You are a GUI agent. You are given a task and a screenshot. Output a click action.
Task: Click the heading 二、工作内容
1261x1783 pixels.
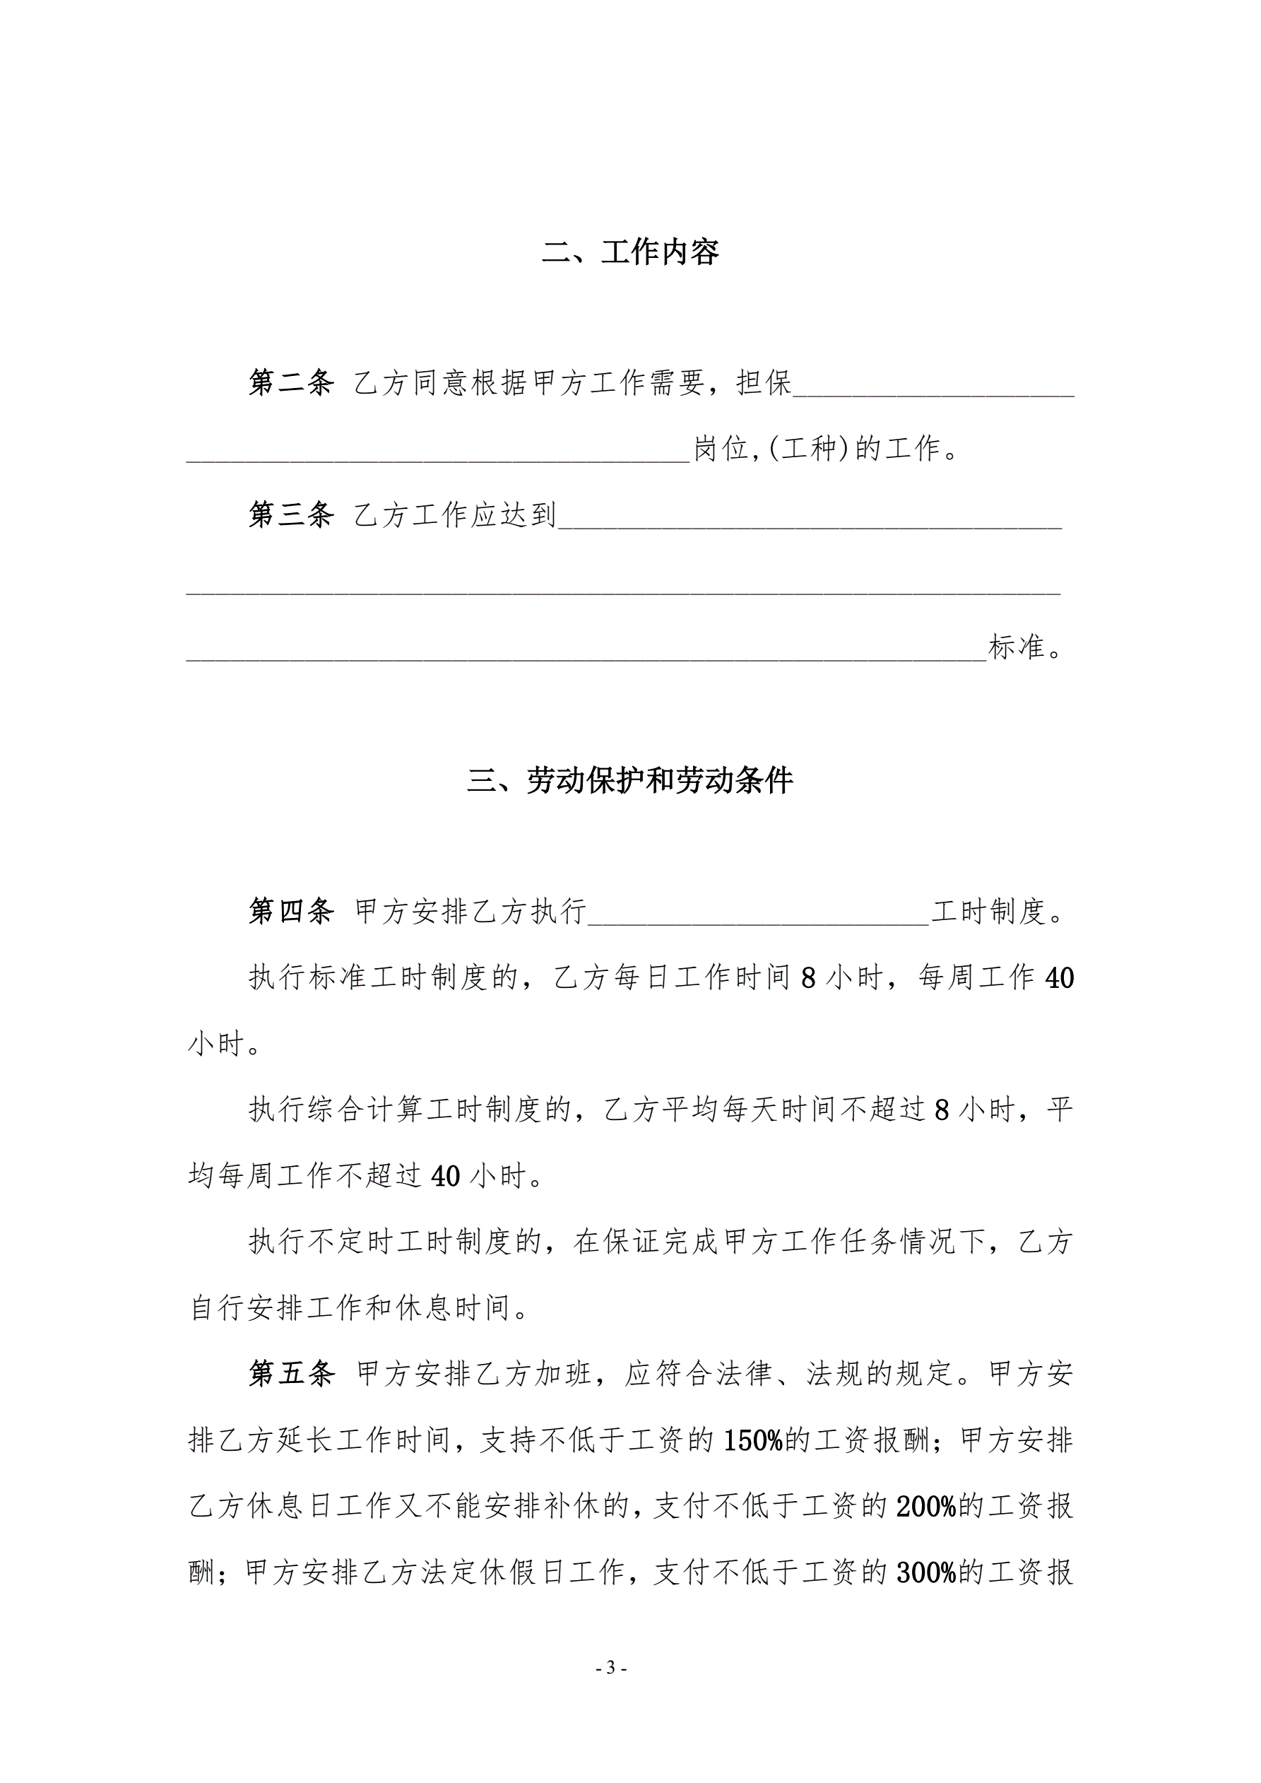pyautogui.click(x=629, y=252)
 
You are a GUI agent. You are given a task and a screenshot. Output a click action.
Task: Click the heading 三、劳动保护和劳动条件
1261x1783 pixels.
pyautogui.click(x=629, y=780)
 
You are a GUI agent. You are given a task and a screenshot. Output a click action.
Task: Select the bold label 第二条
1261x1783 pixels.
pyautogui.click(x=291, y=383)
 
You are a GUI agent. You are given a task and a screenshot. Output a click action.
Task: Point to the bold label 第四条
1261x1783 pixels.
pyautogui.click(x=291, y=912)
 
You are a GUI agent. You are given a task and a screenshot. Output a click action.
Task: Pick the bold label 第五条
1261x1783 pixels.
pyautogui.click(x=291, y=1374)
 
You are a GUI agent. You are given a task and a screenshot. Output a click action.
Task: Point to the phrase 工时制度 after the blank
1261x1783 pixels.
pyautogui.click(x=988, y=912)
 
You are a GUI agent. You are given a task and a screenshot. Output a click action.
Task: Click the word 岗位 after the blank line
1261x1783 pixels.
pyautogui.click(x=721, y=449)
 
